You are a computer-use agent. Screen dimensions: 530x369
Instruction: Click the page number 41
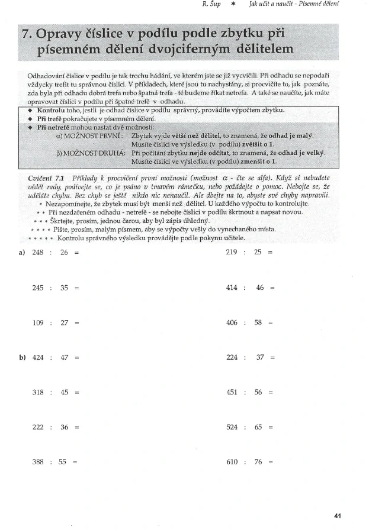pyautogui.click(x=338, y=516)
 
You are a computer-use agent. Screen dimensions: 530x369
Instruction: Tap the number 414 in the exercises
pyautogui.click(x=232, y=288)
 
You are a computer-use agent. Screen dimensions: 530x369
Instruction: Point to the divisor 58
pyautogui.click(x=258, y=323)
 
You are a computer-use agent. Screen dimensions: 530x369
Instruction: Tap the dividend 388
pyautogui.click(x=38, y=462)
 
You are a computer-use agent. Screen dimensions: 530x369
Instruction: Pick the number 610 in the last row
pyautogui.click(x=232, y=462)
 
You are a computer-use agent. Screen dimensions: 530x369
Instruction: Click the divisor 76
pyautogui.click(x=258, y=462)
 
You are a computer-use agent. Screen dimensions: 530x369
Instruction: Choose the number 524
pyautogui.click(x=232, y=427)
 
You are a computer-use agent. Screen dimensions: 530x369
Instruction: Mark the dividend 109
pyautogui.click(x=38, y=323)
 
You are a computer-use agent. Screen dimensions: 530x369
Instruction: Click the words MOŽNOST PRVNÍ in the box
pyautogui.click(x=94, y=135)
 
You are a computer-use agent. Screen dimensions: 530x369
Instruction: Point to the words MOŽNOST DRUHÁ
pyautogui.click(x=92, y=152)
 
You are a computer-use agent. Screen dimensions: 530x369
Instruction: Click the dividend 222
pyautogui.click(x=38, y=427)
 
